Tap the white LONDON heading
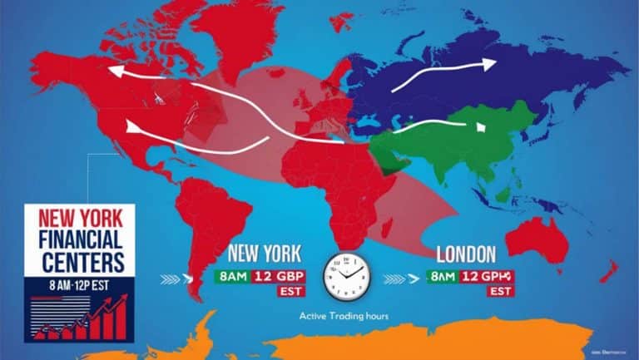465,254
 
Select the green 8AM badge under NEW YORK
232,275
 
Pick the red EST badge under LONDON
500,292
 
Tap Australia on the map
537,242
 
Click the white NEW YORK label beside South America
265,253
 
